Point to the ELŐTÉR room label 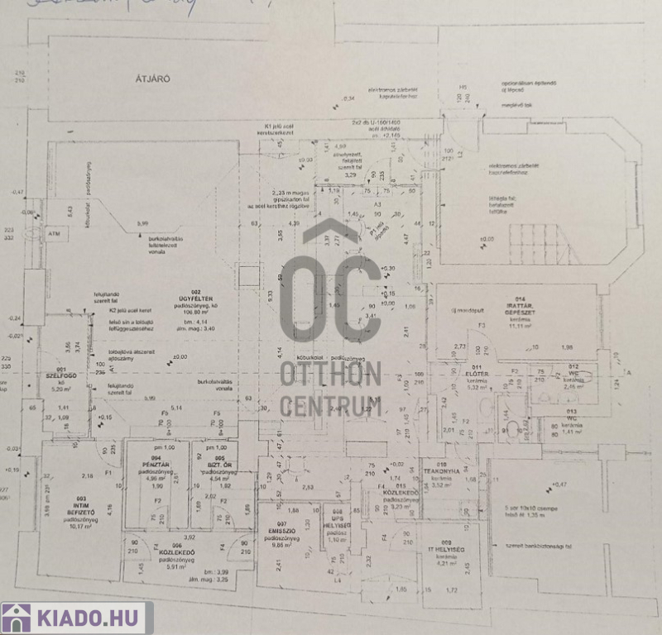[x=478, y=375]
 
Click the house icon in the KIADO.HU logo [x=17, y=618]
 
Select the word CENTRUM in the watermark [x=329, y=406]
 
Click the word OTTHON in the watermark [x=329, y=374]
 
